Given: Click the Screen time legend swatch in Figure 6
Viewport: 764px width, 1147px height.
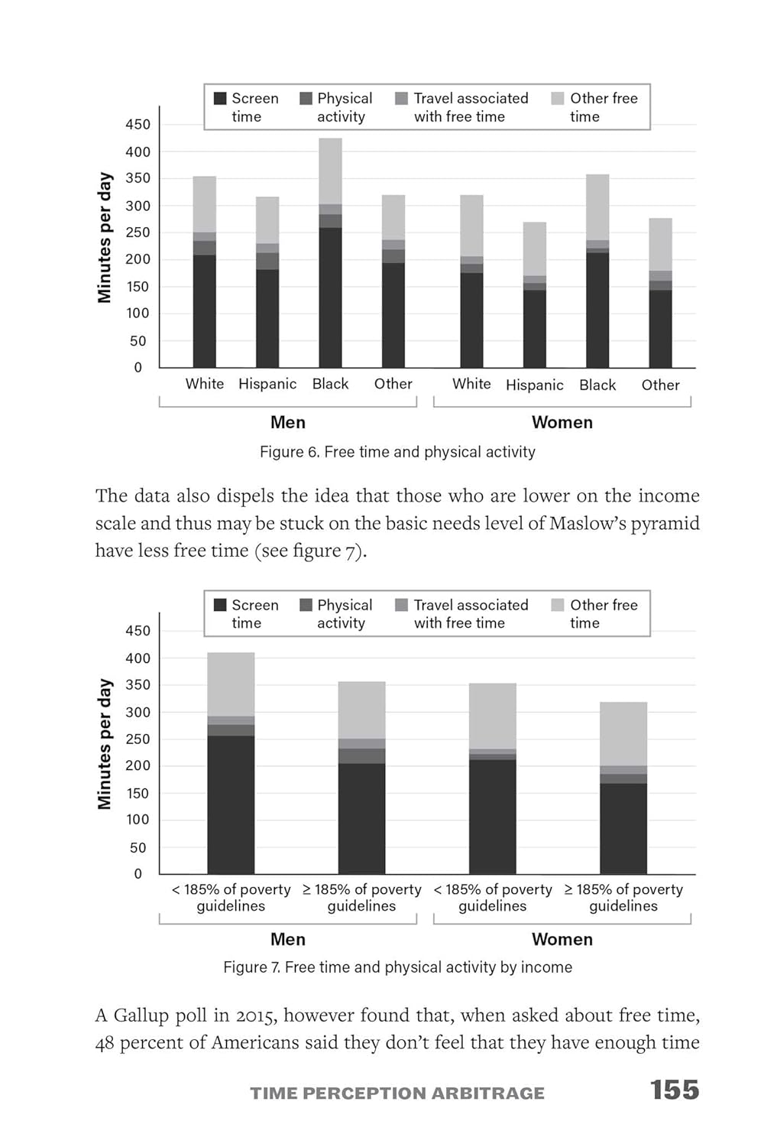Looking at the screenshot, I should [x=220, y=99].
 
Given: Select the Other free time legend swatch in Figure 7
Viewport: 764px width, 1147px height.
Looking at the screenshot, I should [x=558, y=605].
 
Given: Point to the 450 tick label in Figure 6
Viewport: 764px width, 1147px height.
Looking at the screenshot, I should [x=138, y=125].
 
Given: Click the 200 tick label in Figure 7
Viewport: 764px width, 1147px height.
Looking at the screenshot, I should [x=138, y=765].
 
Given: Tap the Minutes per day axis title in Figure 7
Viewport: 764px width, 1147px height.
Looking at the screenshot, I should [x=105, y=744].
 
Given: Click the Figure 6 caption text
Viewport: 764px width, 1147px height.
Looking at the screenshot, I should [x=397, y=452].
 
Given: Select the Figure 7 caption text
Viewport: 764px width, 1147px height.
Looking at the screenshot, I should [x=397, y=967].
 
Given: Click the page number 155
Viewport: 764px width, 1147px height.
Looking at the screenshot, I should [x=675, y=1090].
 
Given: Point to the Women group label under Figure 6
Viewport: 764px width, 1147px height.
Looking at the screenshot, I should [x=562, y=423].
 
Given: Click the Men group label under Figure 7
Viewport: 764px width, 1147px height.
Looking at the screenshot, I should [x=288, y=940].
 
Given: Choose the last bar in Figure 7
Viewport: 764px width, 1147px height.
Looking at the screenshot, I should [x=623, y=788].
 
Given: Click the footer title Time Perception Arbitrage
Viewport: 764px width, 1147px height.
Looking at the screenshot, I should [x=397, y=1093].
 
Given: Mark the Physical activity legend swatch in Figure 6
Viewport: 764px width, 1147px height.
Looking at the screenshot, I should [x=306, y=99].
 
